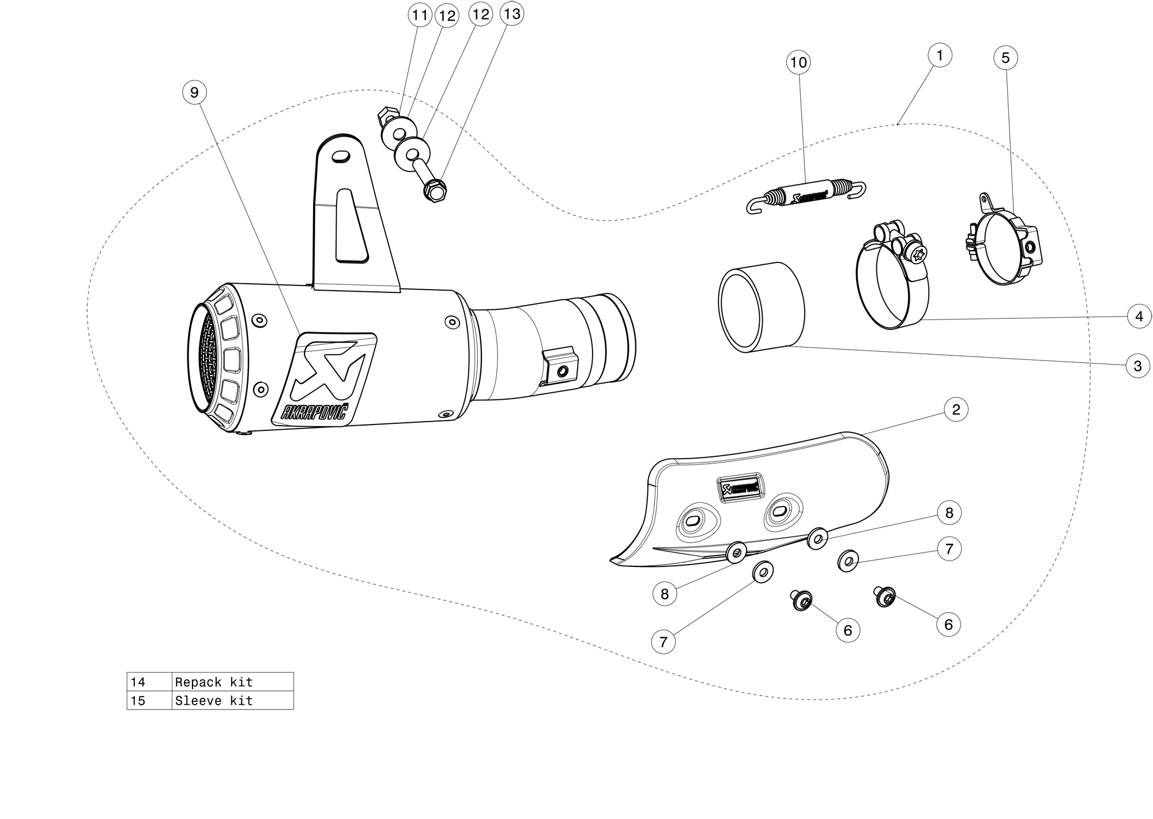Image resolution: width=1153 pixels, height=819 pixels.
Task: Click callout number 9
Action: [194, 92]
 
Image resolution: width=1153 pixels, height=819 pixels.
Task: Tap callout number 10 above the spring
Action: [798, 62]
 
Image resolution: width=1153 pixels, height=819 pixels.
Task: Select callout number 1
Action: [940, 55]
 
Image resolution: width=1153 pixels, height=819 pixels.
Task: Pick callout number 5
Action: [1005, 58]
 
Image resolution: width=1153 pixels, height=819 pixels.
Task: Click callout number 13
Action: [512, 14]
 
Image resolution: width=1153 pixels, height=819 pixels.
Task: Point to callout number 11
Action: [420, 15]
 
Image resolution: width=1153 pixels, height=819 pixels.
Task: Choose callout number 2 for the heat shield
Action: [956, 409]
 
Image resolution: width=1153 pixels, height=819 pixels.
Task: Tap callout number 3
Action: [1137, 366]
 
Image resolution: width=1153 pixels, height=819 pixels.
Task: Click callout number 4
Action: [1139, 316]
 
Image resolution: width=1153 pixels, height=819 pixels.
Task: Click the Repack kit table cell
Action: [232, 682]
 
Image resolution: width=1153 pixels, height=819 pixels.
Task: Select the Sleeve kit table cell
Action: [232, 700]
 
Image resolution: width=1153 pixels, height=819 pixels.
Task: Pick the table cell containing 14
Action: [149, 682]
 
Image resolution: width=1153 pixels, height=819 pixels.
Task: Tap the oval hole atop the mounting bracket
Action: [341, 156]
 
